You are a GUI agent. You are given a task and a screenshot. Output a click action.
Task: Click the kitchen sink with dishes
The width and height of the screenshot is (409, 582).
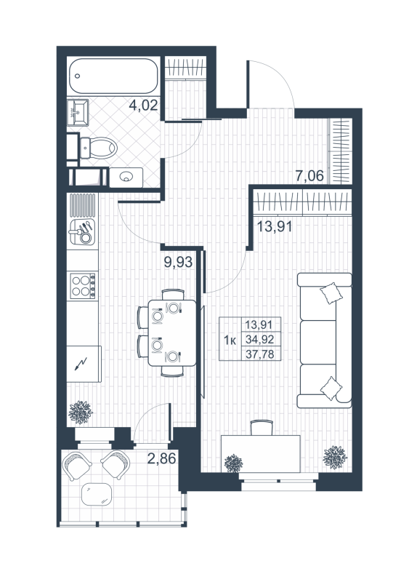[x=81, y=232]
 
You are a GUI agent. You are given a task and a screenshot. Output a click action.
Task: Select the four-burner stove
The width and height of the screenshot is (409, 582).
[x=81, y=285]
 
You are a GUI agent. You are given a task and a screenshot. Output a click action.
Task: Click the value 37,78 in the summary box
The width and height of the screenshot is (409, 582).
[x=262, y=354]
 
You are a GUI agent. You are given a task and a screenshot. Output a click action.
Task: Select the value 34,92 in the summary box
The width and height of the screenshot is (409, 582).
[x=262, y=340]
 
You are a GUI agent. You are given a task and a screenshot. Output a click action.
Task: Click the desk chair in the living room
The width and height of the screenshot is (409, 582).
[x=259, y=428]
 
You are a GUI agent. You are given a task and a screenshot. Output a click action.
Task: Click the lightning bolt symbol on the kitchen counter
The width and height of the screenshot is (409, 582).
[x=81, y=362]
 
